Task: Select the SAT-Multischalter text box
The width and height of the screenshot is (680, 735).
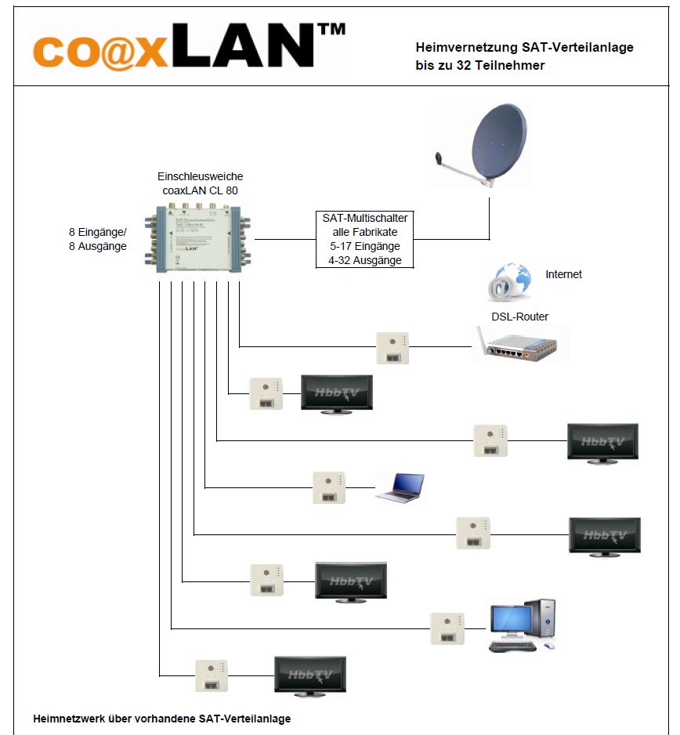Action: coord(364,239)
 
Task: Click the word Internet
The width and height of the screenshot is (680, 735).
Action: coord(563,274)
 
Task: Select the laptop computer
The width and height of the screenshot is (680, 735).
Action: coord(400,487)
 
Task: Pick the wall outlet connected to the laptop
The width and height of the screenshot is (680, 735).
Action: coord(328,487)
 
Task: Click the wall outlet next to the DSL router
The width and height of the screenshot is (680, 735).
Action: coord(392,348)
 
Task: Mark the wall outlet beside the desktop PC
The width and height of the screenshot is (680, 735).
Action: coord(447,628)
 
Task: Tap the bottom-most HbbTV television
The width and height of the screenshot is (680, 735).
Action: coord(309,675)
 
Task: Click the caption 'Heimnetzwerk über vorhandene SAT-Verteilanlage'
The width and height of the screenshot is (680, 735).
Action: coord(162,718)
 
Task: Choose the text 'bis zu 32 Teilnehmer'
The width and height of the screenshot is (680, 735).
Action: coord(479,66)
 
